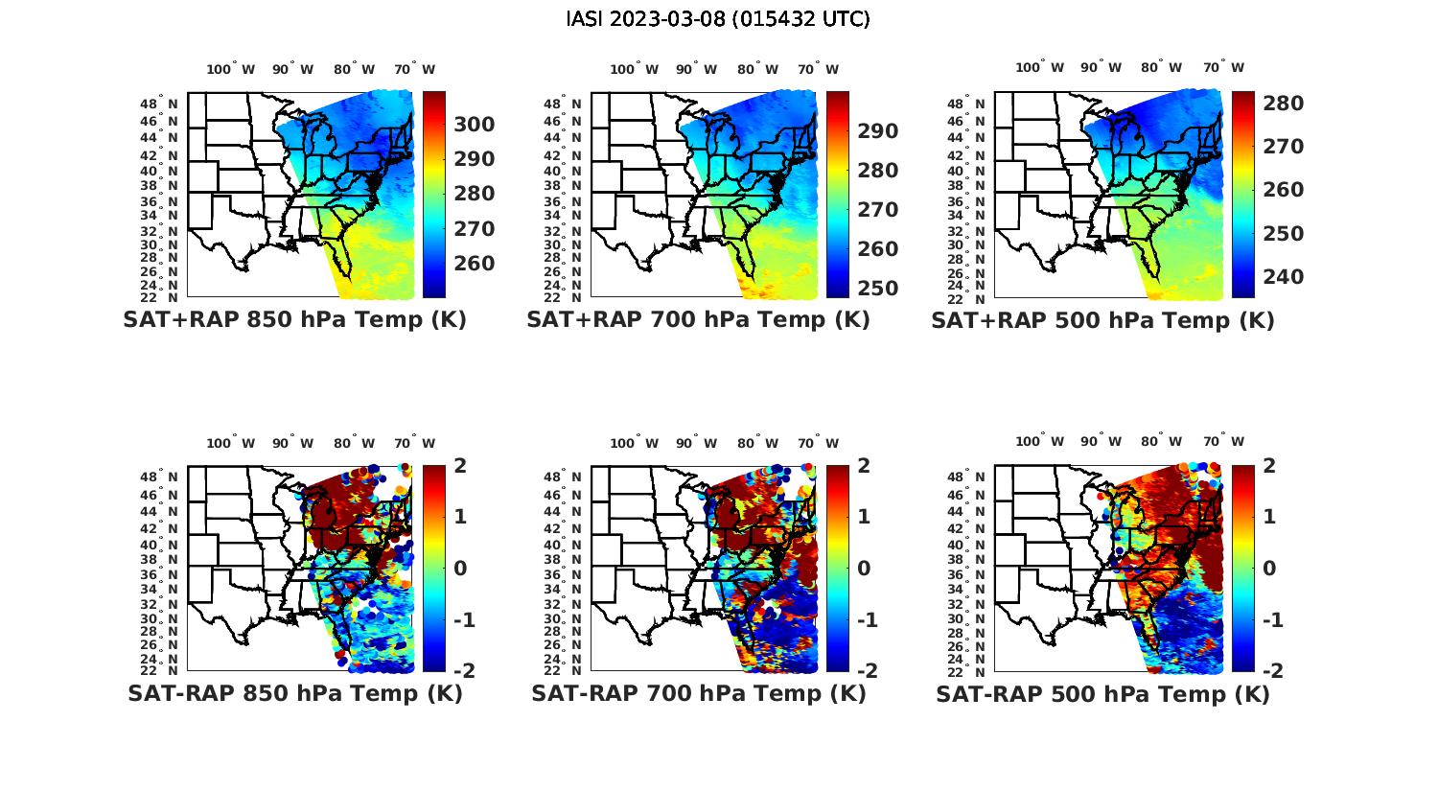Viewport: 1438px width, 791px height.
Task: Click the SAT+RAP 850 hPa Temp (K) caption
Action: click(x=294, y=319)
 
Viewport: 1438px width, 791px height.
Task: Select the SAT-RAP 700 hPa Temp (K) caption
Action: click(x=699, y=693)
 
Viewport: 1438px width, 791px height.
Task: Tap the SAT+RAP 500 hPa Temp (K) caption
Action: click(x=1102, y=320)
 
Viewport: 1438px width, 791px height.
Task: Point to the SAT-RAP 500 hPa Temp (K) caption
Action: click(x=1102, y=694)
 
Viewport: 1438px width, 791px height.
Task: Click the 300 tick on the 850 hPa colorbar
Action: click(x=475, y=125)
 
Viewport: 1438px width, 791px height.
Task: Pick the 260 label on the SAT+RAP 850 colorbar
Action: click(x=475, y=264)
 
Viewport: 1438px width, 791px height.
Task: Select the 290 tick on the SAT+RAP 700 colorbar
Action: click(x=878, y=131)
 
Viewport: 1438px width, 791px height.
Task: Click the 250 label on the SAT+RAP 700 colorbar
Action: click(x=878, y=289)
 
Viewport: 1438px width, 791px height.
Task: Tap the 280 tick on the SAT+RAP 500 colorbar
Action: click(x=1283, y=103)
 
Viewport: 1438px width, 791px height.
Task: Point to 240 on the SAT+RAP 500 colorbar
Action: click(x=1283, y=277)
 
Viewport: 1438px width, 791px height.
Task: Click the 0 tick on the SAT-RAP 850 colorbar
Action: click(x=460, y=568)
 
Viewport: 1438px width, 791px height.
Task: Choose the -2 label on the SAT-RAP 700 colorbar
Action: click(x=865, y=670)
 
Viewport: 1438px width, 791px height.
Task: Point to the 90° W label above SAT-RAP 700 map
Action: click(x=696, y=443)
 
